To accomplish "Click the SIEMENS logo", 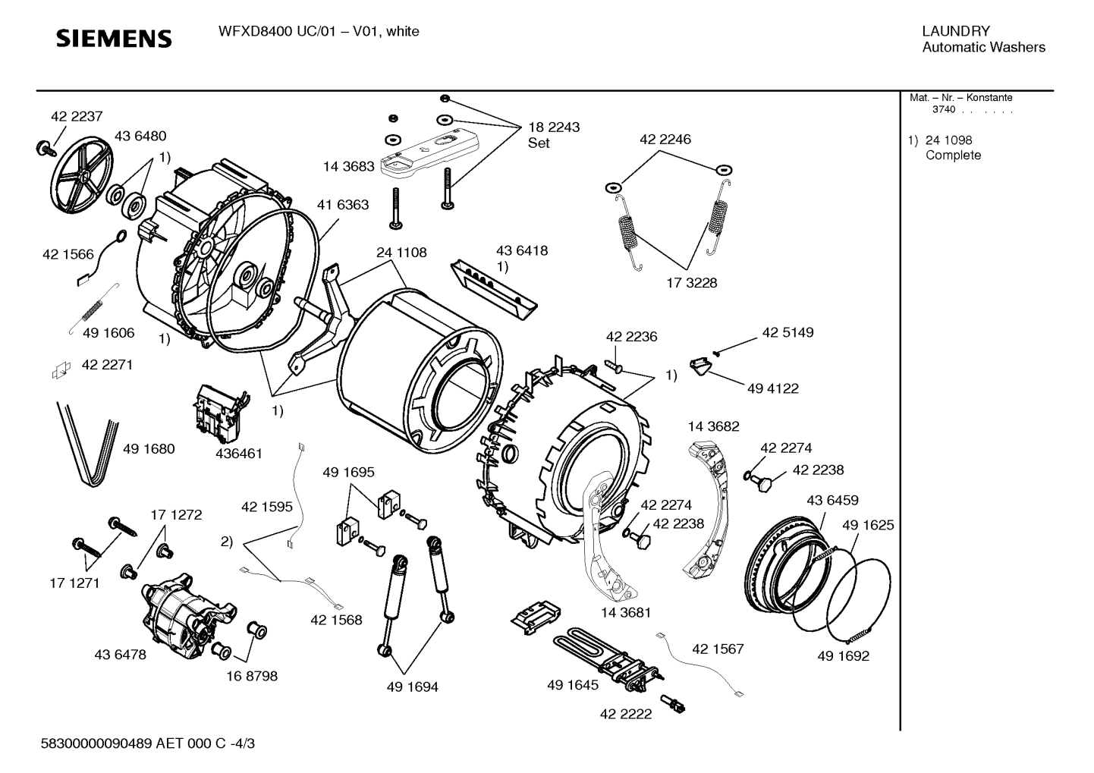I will coord(115,38).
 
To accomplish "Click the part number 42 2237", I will coord(77,116).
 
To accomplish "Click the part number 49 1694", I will coord(412,687).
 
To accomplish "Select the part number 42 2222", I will coord(625,714).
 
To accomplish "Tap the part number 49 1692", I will coord(843,656).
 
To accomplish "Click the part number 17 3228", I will coord(691,282).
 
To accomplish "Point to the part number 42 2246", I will coord(665,140).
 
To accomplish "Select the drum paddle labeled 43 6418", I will coord(494,286).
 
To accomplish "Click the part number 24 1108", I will coord(401,252).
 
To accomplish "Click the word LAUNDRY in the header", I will coord(955,31).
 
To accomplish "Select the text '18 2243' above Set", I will coord(554,127).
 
